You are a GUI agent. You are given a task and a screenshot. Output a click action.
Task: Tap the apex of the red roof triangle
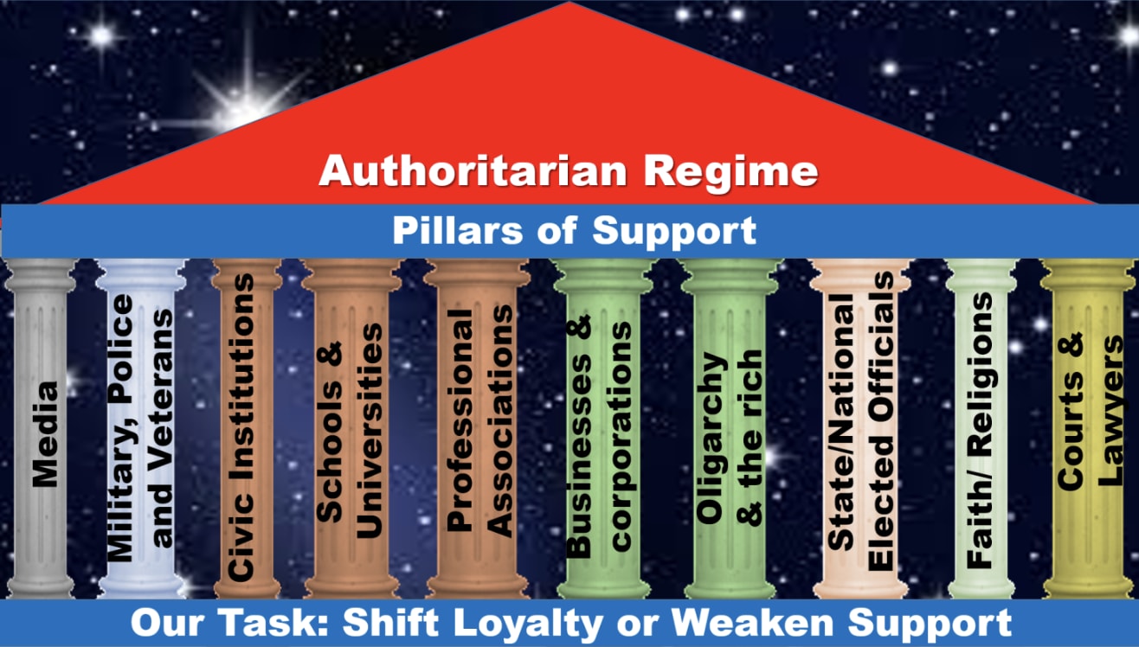tap(569, 4)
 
